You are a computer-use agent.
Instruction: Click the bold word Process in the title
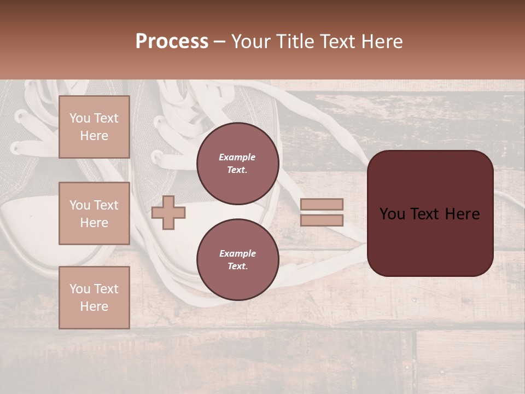[x=172, y=42]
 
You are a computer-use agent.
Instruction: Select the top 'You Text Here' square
[x=94, y=127]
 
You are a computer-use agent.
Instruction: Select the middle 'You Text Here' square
[x=94, y=213]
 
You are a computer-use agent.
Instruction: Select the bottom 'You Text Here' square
[x=94, y=298]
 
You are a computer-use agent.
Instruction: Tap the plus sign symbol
[x=168, y=212]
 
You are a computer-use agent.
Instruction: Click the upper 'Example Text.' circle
[x=237, y=163]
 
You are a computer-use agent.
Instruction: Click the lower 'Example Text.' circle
[x=237, y=259]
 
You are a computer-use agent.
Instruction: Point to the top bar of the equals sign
[x=322, y=205]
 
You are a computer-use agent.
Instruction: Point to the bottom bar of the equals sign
[x=322, y=220]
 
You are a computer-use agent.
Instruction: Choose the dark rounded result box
[x=430, y=213]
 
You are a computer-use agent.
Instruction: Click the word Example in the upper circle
[x=237, y=157]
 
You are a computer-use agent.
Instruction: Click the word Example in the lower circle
[x=237, y=253]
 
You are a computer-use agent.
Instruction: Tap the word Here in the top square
[x=94, y=136]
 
